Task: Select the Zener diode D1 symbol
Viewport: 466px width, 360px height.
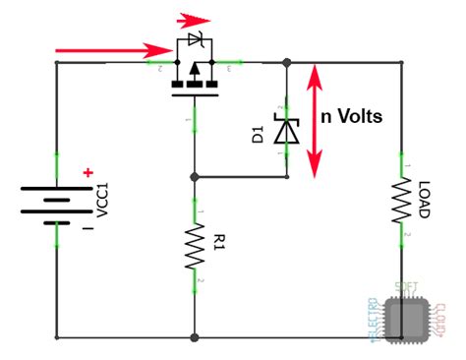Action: point(286,130)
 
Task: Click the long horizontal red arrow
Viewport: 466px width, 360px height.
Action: point(109,49)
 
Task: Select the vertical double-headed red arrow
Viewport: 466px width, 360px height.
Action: point(315,120)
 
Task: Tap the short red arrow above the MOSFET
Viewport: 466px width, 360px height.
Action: point(198,19)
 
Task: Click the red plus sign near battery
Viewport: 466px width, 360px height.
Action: point(89,174)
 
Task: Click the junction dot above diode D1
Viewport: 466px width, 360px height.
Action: point(286,62)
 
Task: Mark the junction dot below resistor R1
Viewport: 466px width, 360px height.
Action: point(195,337)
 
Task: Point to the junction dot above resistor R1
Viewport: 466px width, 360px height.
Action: point(195,178)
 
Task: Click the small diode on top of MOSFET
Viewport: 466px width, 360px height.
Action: point(195,40)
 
